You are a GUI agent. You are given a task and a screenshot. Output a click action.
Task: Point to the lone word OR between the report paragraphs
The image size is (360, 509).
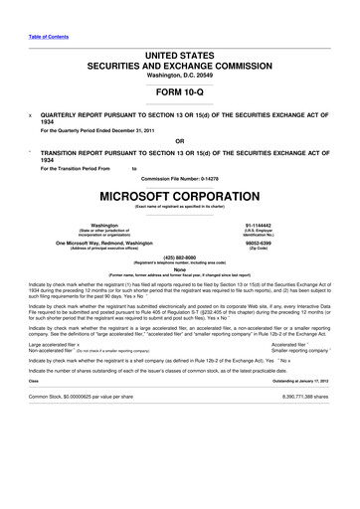click(179, 140)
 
